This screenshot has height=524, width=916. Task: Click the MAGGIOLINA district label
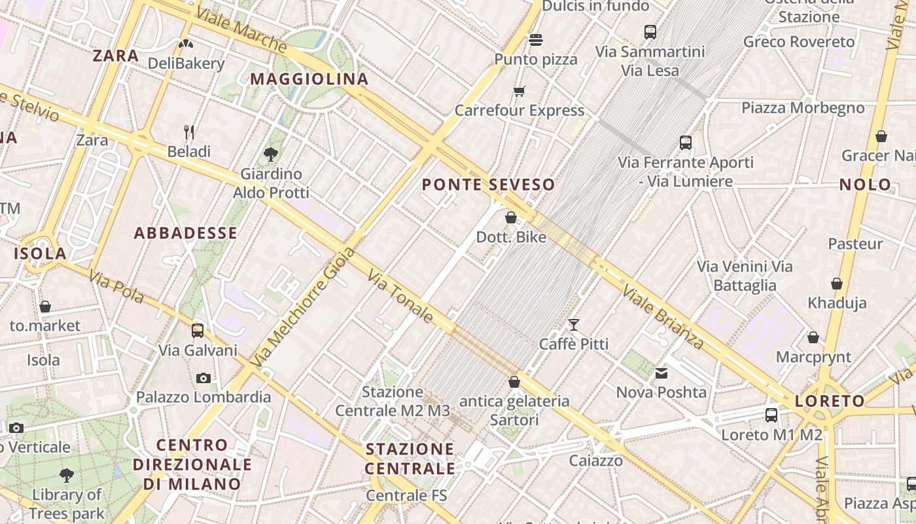309,79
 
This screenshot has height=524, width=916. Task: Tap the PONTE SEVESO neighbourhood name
488,185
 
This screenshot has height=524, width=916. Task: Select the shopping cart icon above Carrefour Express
520,92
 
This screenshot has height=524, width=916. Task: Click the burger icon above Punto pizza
536,40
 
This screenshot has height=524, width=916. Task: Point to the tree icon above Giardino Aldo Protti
271,155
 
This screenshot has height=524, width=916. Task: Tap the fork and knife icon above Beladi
189,132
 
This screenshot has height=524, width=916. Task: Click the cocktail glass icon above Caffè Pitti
574,324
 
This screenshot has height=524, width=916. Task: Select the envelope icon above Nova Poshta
661,373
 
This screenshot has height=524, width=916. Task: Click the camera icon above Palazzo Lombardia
203,378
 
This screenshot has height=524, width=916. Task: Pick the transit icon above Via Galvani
198,331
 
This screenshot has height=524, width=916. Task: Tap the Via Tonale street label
400,297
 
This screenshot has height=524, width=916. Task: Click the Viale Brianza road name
663,317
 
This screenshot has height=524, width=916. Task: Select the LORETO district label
830,401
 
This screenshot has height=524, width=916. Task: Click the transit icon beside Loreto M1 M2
771,415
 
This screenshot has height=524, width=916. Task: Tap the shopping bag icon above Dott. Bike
511,217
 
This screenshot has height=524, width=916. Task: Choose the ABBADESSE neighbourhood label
186,233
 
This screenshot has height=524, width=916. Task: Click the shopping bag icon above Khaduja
837,284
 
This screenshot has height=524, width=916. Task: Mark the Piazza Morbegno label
803,107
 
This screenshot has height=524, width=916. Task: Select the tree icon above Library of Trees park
66,475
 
